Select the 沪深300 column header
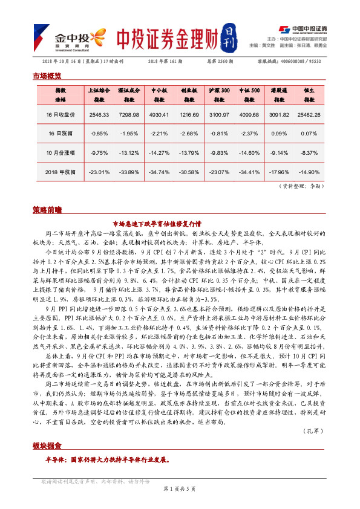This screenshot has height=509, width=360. pyautogui.click(x=219, y=94)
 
